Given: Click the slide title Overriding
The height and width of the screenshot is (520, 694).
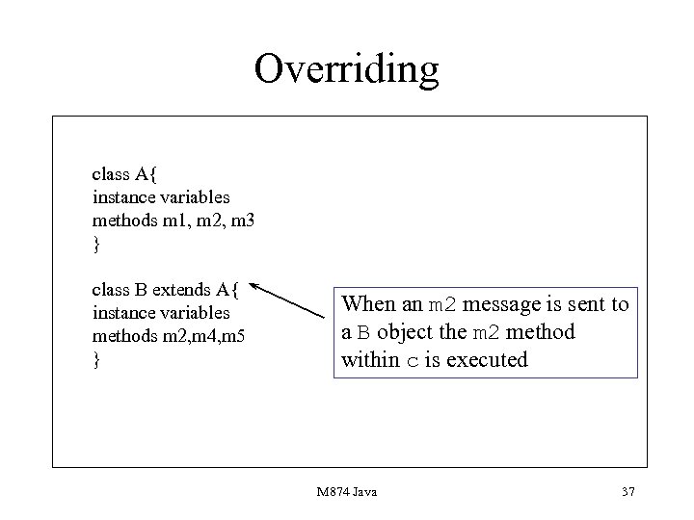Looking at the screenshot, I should [346, 68].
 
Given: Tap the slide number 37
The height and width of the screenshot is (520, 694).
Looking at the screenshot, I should [628, 492].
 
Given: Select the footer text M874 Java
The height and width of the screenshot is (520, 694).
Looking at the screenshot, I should [346, 492].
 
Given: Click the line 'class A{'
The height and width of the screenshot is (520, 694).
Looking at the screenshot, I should [130, 174].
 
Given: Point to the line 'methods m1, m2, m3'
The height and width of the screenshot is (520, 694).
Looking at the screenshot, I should [173, 221].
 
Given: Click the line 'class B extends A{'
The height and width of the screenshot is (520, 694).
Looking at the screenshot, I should [171, 289].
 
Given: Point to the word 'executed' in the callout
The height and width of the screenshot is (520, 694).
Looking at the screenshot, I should [488, 360].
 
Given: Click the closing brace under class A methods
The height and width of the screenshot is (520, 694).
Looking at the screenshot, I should [95, 245].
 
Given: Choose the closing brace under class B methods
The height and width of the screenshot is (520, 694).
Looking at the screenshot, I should [95, 360].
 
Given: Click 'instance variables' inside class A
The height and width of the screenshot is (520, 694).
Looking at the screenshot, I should [161, 197].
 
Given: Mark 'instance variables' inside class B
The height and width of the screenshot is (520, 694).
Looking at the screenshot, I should [161, 313].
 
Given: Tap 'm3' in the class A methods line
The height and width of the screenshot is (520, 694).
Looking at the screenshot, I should [243, 221].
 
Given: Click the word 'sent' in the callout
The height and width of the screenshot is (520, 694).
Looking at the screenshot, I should [567, 305].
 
